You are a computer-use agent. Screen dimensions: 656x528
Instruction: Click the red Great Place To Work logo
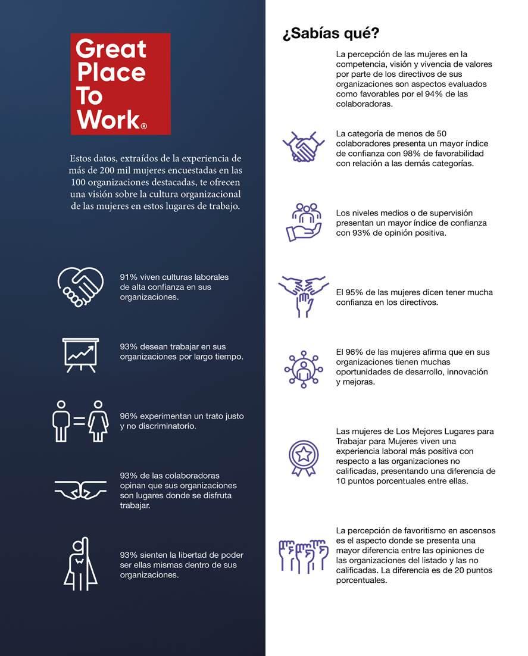(x=120, y=83)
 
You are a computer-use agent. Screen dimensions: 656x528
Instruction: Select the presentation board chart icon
(x=80, y=355)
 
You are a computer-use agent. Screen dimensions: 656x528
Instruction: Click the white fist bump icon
(x=80, y=489)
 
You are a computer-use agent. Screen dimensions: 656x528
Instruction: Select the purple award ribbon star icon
(x=303, y=458)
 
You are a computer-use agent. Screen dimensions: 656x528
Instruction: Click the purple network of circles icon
(x=303, y=370)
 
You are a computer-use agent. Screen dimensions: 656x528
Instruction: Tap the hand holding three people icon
(x=303, y=222)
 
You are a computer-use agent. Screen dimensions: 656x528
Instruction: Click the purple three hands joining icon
(x=303, y=295)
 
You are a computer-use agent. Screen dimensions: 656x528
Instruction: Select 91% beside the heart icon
(x=129, y=277)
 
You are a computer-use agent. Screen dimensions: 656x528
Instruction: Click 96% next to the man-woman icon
(x=129, y=416)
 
